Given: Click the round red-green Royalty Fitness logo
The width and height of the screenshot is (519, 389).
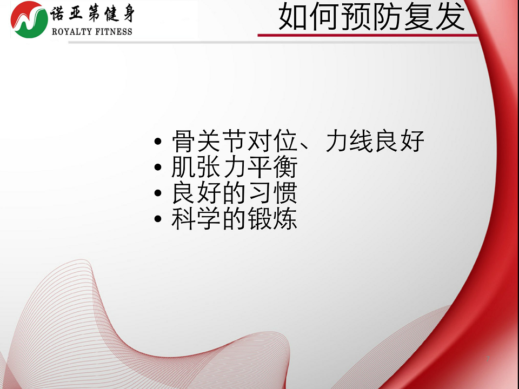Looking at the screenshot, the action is click(29, 19).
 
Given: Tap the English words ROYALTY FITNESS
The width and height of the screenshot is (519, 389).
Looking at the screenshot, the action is click(92, 31).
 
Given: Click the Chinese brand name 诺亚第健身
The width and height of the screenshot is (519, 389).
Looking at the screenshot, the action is click(92, 14).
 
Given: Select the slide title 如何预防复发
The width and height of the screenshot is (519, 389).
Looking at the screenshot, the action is click(371, 17).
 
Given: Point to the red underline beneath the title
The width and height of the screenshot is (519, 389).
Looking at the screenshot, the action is click(368, 35).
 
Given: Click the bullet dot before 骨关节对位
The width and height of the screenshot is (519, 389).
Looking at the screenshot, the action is click(158, 142).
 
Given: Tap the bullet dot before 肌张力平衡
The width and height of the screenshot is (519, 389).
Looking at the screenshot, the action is click(158, 167).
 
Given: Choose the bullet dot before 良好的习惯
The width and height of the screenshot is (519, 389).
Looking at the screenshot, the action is click(158, 193).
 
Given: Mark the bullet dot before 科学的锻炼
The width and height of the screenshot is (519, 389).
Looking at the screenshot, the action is click(158, 219).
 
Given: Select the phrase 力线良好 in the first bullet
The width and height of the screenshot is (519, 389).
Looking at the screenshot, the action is click(374, 141).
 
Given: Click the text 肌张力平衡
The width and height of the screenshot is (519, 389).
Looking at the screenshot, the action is click(234, 167).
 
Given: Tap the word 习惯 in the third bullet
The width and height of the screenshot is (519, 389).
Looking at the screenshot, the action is click(272, 192).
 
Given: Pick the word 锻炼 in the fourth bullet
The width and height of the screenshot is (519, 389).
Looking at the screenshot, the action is click(272, 218).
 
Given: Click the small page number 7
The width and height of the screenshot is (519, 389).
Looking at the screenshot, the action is click(488, 359).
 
